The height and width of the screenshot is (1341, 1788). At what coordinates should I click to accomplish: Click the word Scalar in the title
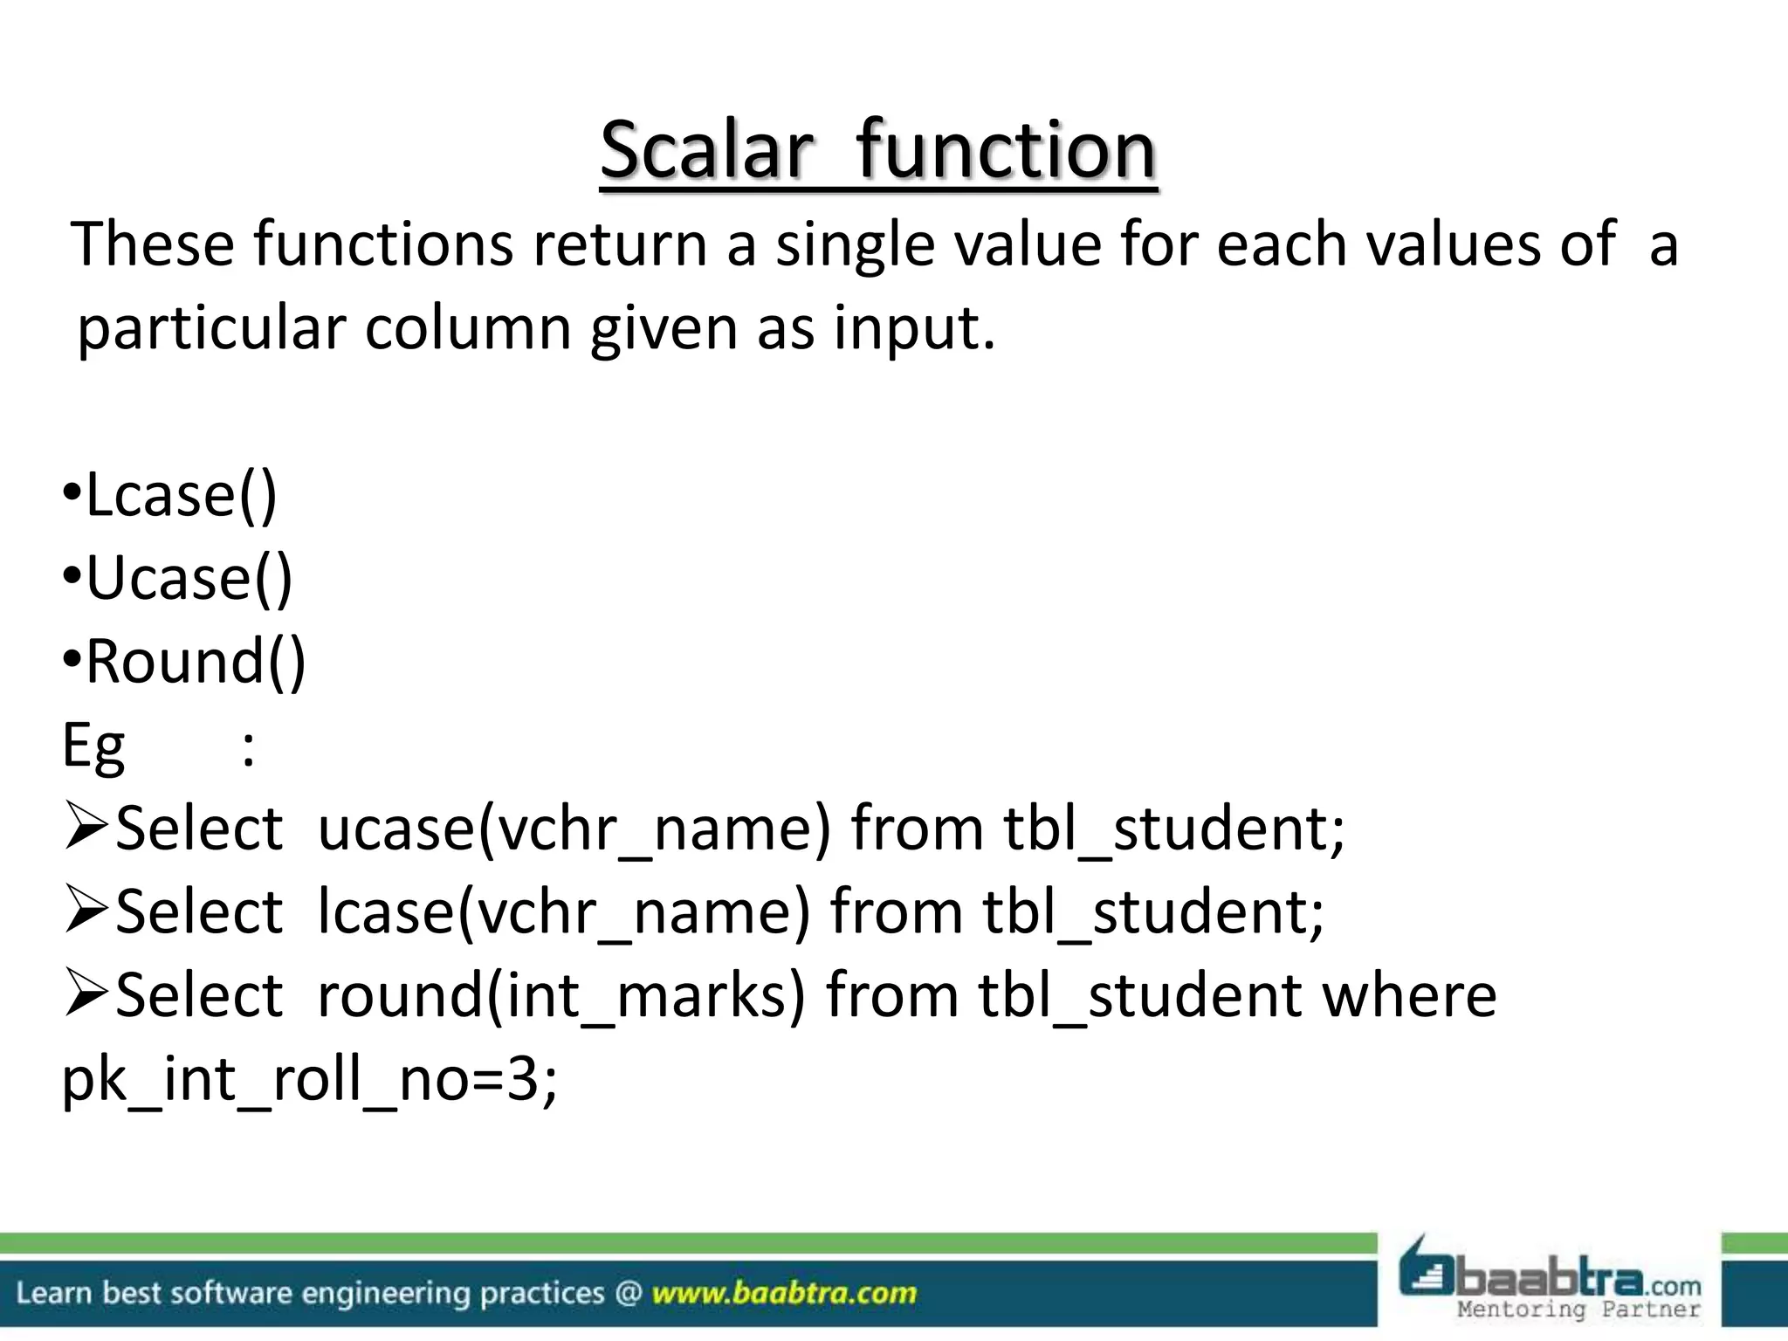[706, 150]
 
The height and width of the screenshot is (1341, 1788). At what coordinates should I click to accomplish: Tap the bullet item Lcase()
[181, 495]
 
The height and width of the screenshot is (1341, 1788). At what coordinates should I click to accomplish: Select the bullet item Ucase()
[189, 579]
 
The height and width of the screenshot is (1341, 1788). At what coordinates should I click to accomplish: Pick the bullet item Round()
[196, 662]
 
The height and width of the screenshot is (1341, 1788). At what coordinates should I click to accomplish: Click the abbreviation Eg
[93, 747]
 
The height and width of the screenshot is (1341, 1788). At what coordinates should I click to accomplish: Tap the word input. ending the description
[913, 328]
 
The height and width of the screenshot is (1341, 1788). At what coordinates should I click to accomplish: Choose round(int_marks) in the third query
[560, 996]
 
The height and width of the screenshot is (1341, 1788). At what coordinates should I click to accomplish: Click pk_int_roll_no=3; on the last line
[309, 1080]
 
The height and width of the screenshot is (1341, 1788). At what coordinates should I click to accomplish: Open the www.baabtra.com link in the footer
[784, 1293]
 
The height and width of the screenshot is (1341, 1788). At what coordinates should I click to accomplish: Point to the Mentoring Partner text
[1578, 1310]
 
